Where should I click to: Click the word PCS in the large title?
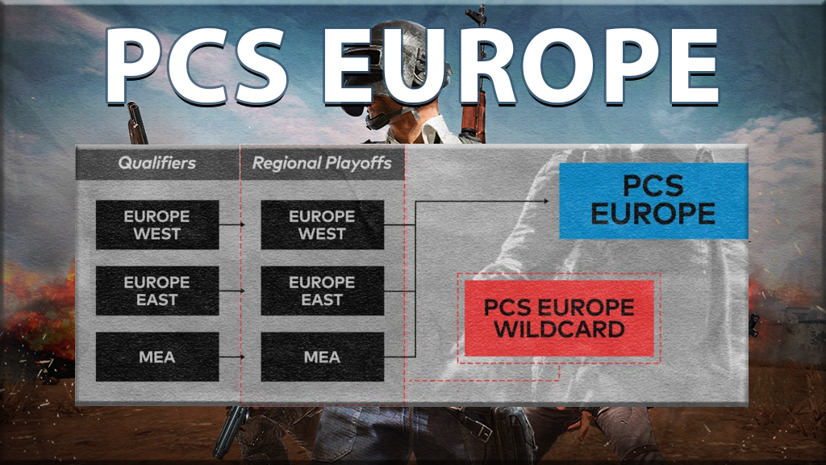[197, 65]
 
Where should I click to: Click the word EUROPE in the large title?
[521, 65]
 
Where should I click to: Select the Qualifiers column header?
[157, 163]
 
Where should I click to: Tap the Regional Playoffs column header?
[322, 163]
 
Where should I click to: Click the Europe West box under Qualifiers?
[157, 224]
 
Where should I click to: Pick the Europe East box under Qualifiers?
[157, 291]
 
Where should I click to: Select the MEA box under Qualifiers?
[157, 357]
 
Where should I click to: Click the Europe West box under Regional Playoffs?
[322, 224]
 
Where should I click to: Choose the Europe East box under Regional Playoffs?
[322, 291]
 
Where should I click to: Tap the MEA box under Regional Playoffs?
[322, 357]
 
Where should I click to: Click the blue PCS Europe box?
[653, 201]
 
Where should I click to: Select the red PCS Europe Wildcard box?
[559, 318]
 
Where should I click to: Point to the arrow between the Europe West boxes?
[232, 224]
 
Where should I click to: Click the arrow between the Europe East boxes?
[232, 291]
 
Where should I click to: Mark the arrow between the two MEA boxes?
[232, 357]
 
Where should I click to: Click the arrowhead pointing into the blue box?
[546, 201]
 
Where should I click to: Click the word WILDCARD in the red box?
[559, 330]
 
